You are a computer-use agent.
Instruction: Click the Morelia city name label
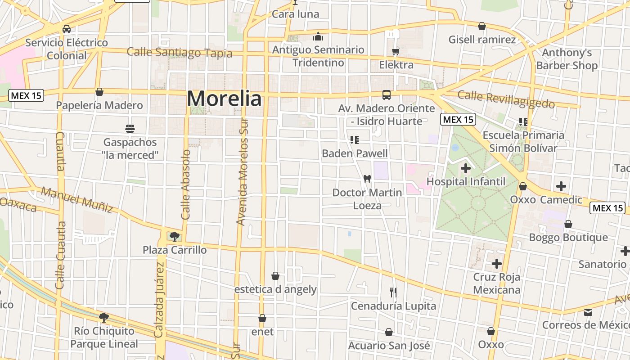click(224, 99)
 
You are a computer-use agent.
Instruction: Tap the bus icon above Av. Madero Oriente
click(387, 95)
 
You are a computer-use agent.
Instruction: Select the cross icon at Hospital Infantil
click(466, 169)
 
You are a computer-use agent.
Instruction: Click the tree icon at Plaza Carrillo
click(175, 236)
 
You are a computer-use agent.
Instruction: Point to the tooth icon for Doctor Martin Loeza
click(367, 179)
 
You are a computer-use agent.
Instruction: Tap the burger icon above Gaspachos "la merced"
click(130, 129)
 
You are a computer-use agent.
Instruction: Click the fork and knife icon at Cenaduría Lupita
click(393, 292)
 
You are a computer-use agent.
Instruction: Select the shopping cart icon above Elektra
click(396, 51)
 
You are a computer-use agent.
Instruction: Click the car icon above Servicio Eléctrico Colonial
click(67, 29)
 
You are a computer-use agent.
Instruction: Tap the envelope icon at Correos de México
click(588, 312)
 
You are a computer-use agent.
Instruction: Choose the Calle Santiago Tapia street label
click(180, 52)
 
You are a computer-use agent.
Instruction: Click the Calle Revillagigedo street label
click(506, 99)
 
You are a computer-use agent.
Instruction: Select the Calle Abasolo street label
click(186, 184)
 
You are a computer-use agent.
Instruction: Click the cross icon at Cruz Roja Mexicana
click(497, 263)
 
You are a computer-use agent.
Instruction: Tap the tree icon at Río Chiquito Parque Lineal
click(104, 318)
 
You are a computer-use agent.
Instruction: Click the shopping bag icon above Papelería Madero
click(99, 92)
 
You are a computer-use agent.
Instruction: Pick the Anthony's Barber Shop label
click(567, 59)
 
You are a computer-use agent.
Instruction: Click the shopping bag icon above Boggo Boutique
click(568, 224)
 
